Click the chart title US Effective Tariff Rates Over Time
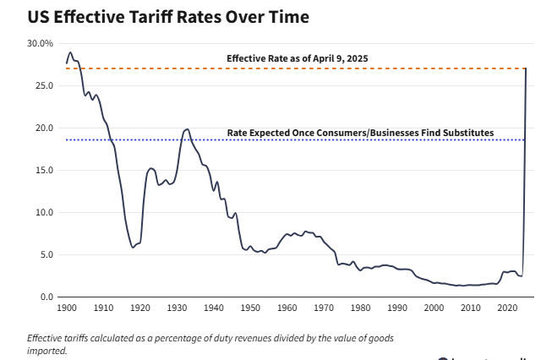click(x=156, y=16)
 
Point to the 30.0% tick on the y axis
click(x=40, y=43)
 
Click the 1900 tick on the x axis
click(x=67, y=309)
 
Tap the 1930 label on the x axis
click(x=178, y=309)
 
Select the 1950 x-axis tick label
click(x=251, y=309)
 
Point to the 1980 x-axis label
click(x=361, y=309)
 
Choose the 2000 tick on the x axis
click(x=434, y=309)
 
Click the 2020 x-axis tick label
click(x=508, y=309)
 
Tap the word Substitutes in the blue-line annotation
click(x=466, y=134)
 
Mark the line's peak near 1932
click(x=187, y=129)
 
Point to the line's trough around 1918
click(x=133, y=248)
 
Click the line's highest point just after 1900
click(x=70, y=52)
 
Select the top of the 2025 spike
click(x=527, y=68)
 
